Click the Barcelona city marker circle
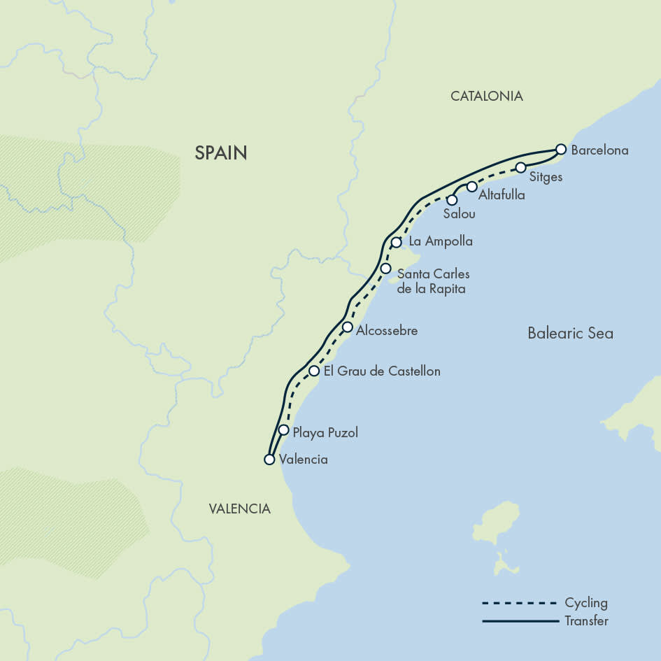point(560,149)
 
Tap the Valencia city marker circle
point(269,460)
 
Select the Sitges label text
point(546,177)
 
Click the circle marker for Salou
point(452,200)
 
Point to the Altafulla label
point(502,195)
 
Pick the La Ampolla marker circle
point(396,242)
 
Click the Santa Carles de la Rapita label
point(433,281)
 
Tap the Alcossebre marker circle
point(348,327)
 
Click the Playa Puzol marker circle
point(283,430)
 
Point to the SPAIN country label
point(221,152)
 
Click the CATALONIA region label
point(486,97)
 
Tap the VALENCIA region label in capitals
point(239,509)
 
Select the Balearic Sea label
point(570,333)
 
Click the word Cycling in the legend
point(586,603)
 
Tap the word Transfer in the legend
point(586,620)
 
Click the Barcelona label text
point(599,150)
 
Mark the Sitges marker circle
point(520,167)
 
